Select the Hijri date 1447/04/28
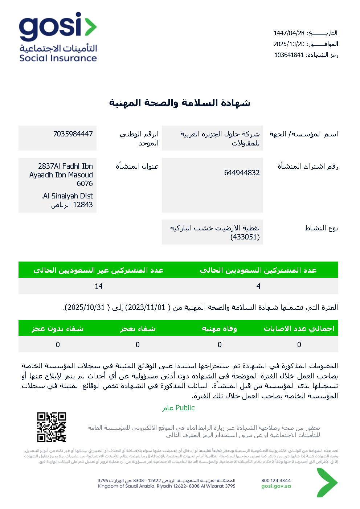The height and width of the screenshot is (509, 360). (289, 33)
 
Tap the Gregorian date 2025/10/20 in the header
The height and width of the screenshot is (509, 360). (289, 44)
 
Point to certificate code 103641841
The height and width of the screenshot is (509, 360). (289, 55)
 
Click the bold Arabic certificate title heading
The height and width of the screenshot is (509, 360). (180, 103)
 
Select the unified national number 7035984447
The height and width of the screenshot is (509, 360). (73, 134)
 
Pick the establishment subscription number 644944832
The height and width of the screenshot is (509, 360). (242, 173)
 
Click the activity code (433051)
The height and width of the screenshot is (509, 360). (245, 237)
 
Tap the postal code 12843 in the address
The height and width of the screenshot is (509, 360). (83, 205)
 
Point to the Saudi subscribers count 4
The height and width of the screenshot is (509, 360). (258, 286)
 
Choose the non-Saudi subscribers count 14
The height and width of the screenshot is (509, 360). (99, 286)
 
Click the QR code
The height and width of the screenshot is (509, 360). (52, 427)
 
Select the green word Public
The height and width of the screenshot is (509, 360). (185, 408)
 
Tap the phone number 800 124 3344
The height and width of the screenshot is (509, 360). (276, 481)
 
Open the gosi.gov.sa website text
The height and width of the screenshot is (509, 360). (276, 487)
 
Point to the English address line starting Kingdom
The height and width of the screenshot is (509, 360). (166, 487)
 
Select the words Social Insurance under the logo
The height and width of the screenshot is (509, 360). (58, 58)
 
